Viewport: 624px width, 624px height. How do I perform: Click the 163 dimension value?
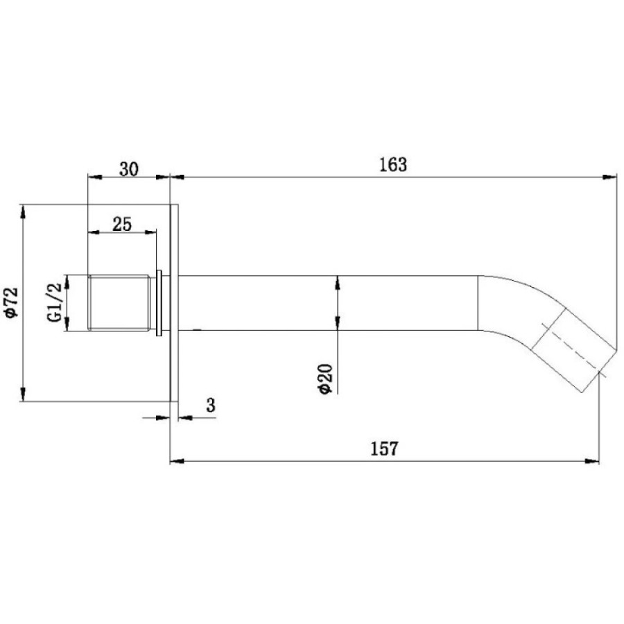[x=393, y=164]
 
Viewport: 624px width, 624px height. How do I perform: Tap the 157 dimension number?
[x=384, y=449]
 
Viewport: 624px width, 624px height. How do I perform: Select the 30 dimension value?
[x=129, y=169]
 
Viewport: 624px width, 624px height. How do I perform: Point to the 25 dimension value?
[x=122, y=224]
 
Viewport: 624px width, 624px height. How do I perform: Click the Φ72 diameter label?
[x=11, y=302]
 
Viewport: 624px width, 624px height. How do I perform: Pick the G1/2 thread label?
[x=54, y=302]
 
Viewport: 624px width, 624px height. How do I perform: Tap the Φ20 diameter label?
[x=326, y=379]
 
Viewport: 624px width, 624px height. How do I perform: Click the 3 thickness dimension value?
[x=211, y=406]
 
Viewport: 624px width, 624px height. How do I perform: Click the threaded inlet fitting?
[x=119, y=302]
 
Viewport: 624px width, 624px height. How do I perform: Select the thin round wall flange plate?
[x=174, y=303]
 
